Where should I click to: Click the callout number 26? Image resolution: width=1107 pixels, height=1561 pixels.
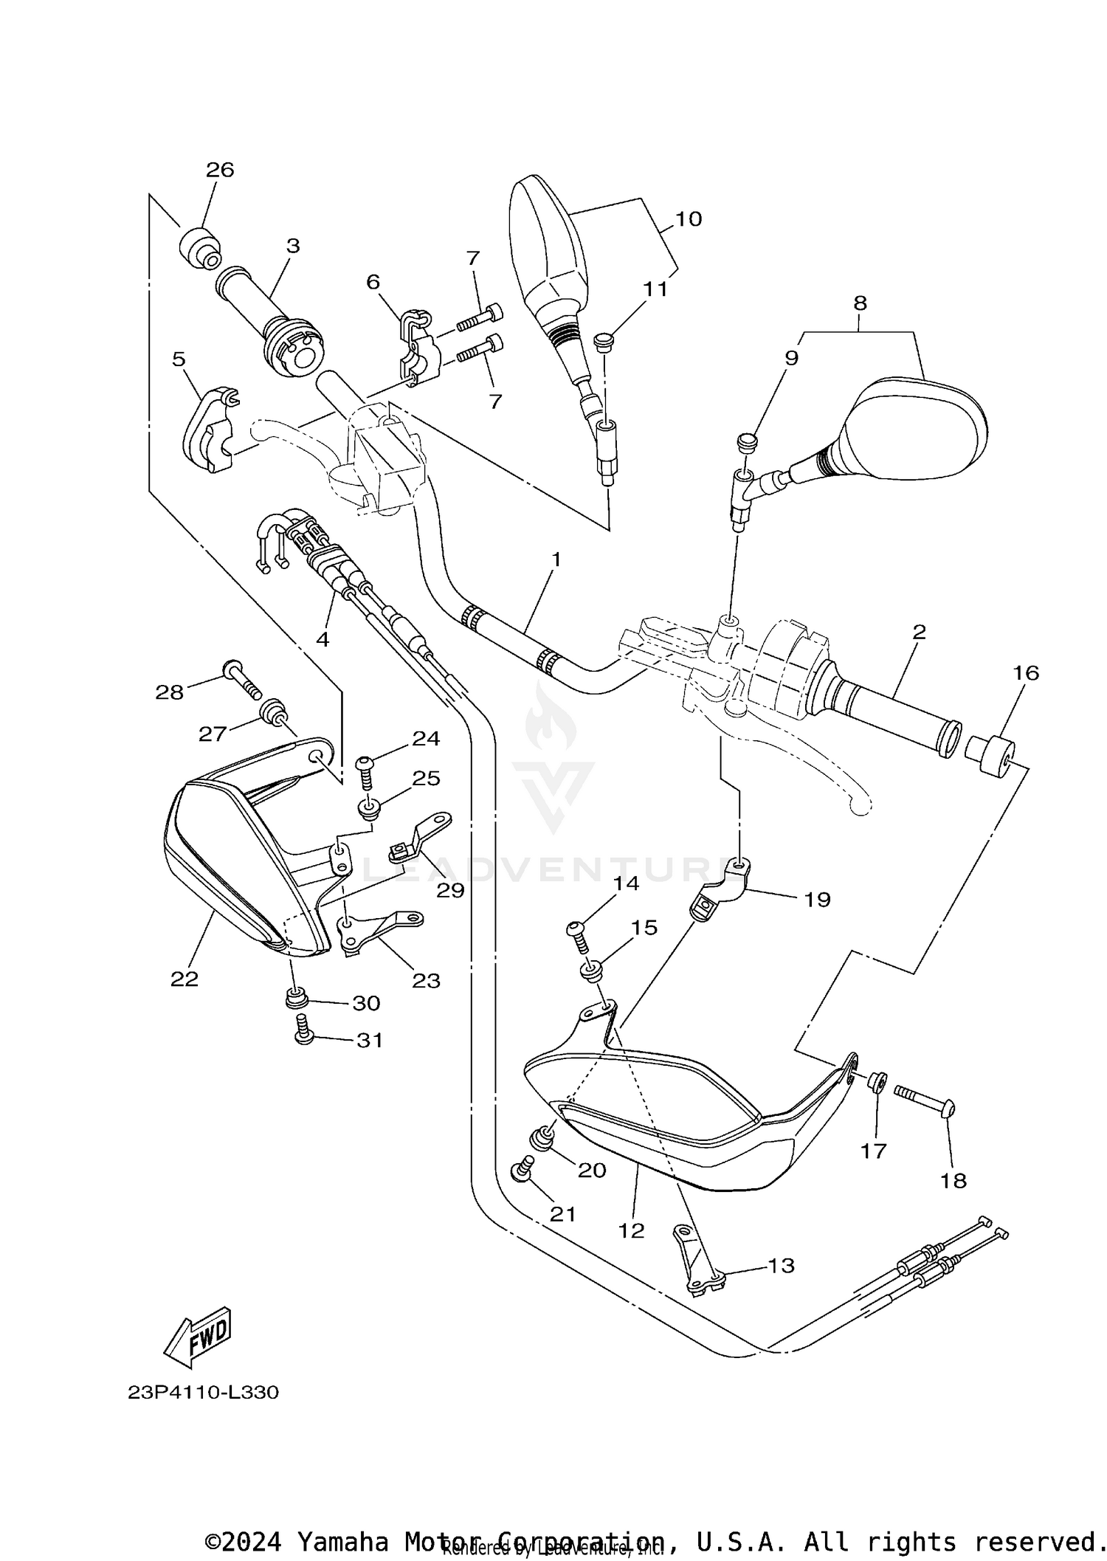pos(220,170)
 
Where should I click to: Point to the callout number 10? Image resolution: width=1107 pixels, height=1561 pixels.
pos(688,218)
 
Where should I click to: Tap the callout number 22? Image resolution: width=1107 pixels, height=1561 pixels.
pos(184,979)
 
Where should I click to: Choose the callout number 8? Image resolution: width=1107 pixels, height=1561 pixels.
pos(860,303)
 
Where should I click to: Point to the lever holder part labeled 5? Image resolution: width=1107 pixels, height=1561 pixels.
pos(207,429)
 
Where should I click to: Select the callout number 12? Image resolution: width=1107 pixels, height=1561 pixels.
pos(632,1230)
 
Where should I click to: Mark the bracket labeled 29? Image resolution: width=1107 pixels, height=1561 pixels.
pos(421,838)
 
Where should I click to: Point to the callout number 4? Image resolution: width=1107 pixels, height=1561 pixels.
pos(323,639)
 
